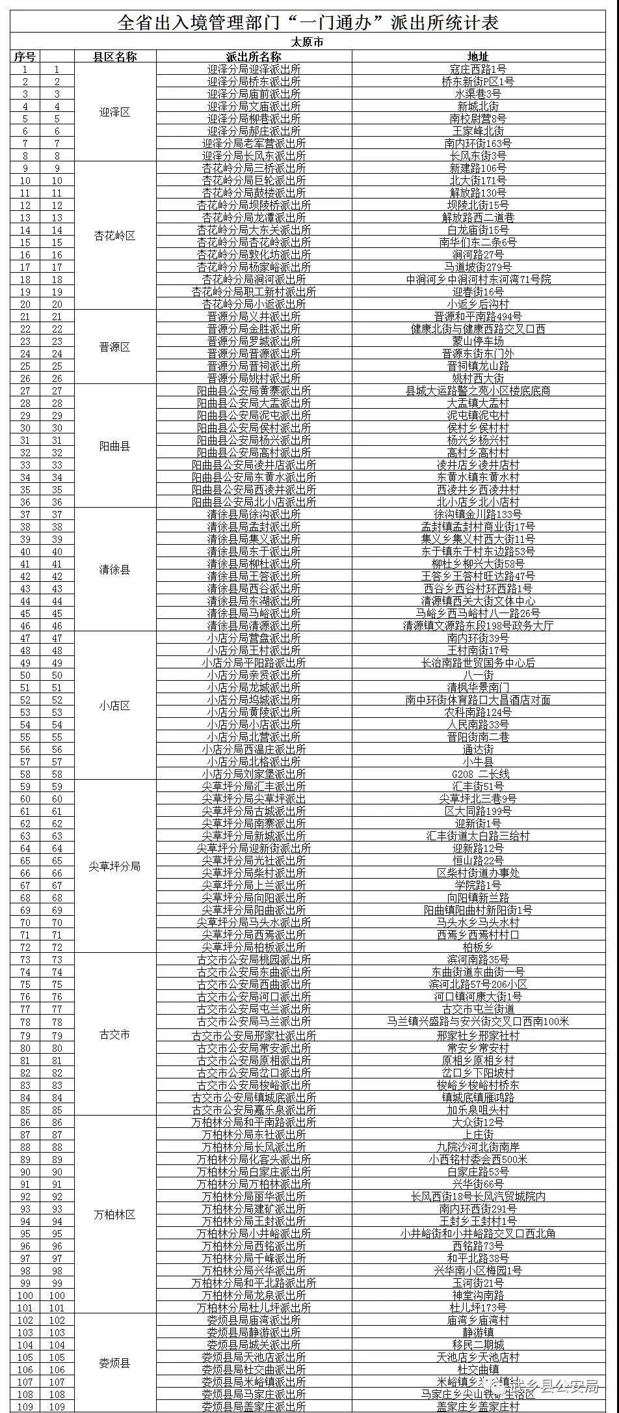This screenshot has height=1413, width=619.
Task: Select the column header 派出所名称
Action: click(x=254, y=57)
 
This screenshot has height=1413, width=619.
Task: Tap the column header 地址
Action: click(x=478, y=57)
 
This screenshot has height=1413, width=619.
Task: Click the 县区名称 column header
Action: click(x=115, y=57)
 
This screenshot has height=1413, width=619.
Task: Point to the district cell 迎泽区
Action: click(x=115, y=112)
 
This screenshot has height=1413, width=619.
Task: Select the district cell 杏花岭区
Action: click(x=115, y=236)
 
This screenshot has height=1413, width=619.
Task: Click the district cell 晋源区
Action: click(x=115, y=347)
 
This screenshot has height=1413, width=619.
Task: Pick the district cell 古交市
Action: click(x=115, y=1035)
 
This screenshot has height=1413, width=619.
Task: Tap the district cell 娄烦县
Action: click(x=115, y=1364)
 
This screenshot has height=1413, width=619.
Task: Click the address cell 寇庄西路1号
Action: click(x=478, y=69)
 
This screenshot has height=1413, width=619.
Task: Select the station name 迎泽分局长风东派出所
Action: click(x=254, y=156)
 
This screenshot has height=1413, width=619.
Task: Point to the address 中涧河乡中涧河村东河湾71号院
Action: click(x=478, y=279)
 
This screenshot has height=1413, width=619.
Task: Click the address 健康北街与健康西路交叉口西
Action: click(x=478, y=329)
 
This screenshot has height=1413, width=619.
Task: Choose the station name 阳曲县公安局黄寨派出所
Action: click(x=254, y=391)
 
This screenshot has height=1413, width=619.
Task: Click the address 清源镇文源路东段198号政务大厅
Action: click(x=478, y=625)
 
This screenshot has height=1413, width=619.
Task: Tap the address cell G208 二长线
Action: click(x=478, y=774)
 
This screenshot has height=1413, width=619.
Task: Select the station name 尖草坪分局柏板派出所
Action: click(x=254, y=947)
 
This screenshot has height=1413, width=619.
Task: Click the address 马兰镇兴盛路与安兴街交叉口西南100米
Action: click(x=478, y=1021)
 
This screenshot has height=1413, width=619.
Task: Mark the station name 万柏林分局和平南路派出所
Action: click(x=254, y=1122)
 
